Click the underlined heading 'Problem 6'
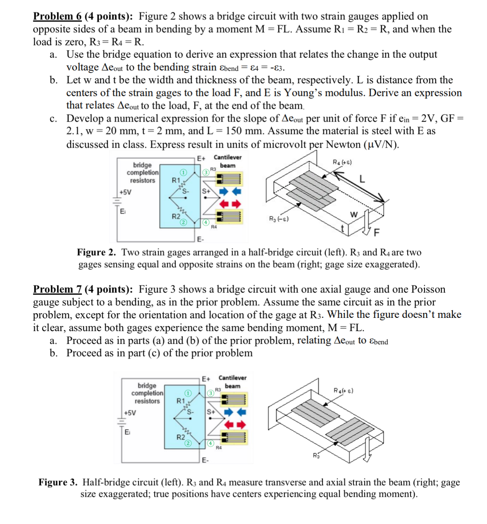(x=57, y=16)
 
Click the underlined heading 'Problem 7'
(x=57, y=289)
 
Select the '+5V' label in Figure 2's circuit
(x=125, y=192)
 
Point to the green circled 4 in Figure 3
(x=210, y=444)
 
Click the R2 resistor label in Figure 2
(x=176, y=216)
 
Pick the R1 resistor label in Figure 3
(x=181, y=401)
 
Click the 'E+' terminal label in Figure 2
(x=201, y=158)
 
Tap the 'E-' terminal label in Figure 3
(x=206, y=460)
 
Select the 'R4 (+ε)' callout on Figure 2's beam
(x=342, y=162)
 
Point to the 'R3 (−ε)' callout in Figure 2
(x=279, y=219)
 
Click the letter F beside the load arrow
(x=376, y=233)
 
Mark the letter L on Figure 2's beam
(x=362, y=179)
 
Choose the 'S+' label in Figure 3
(x=211, y=412)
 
